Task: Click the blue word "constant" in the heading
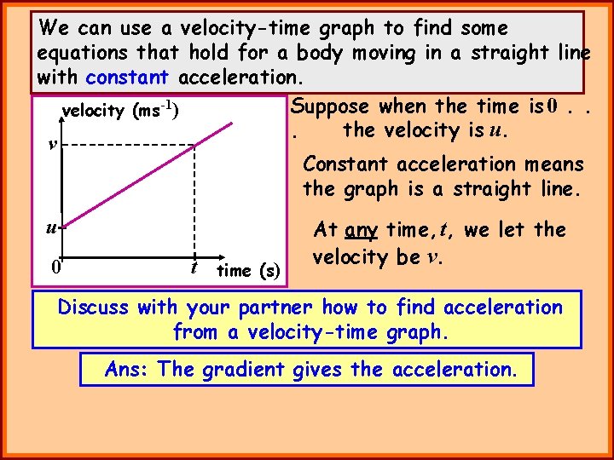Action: point(128,78)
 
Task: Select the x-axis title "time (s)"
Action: point(248,271)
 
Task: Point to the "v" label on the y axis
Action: point(53,144)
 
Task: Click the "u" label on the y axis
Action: point(52,227)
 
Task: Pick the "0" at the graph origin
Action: point(55,267)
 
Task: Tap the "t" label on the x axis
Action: point(194,266)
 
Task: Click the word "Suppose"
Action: point(329,106)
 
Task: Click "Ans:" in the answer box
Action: point(128,370)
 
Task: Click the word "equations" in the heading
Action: point(82,53)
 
